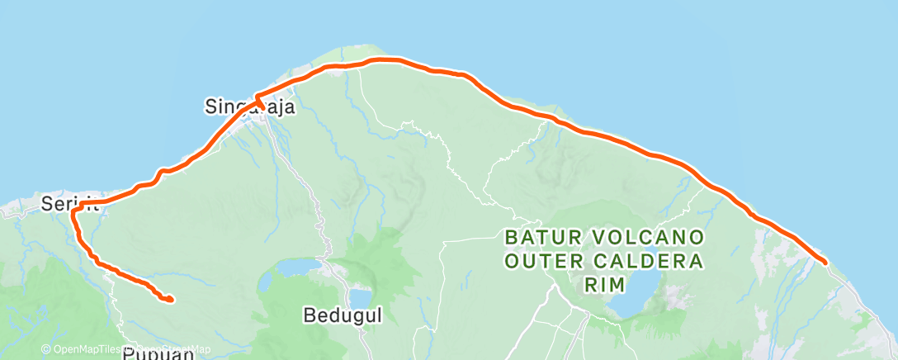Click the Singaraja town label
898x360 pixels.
[248, 107]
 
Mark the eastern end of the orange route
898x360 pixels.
[824, 262]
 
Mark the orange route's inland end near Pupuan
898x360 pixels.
[170, 299]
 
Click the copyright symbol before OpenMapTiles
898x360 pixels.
[45, 350]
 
